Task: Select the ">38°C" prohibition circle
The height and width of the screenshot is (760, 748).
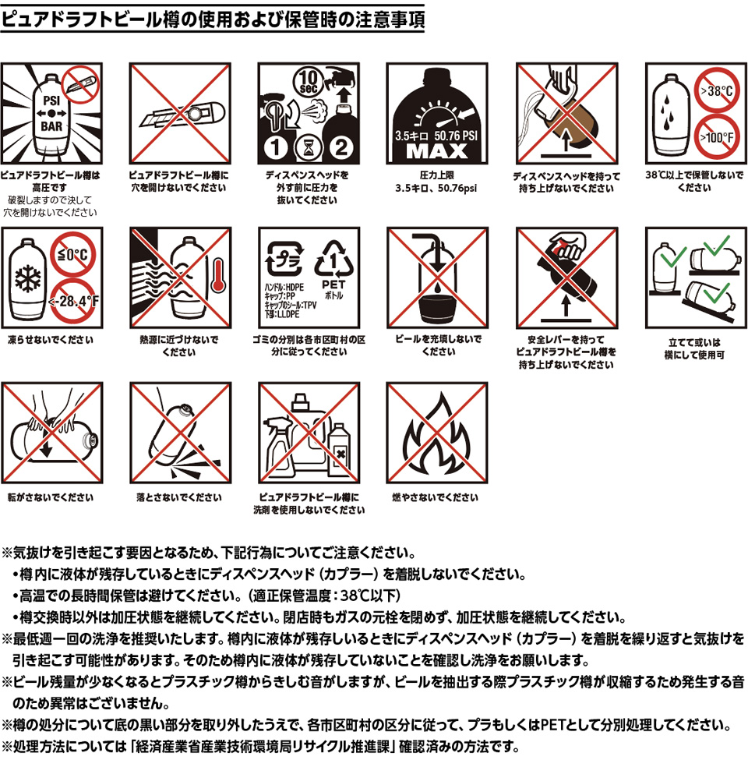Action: coord(715,90)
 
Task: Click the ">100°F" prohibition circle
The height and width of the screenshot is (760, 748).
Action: coord(715,137)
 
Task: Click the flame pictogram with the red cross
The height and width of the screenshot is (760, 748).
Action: coord(436,433)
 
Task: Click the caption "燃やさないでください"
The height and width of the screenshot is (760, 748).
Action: coord(434,497)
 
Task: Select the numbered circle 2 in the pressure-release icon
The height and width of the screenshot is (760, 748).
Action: coord(339,146)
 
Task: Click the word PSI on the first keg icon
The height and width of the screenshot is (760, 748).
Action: coord(51,100)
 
